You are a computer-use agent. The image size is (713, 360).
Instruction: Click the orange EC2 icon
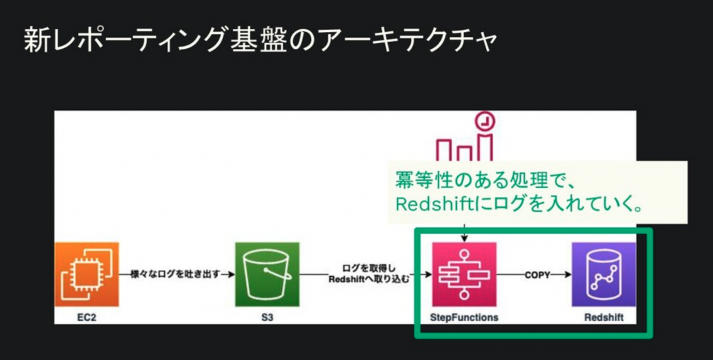[87, 274]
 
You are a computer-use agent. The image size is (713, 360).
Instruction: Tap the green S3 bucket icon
[267, 274]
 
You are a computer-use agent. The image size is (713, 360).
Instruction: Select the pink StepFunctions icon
[464, 274]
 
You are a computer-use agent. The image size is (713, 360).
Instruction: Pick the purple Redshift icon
[604, 274]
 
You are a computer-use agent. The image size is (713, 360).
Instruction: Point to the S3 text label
[267, 318]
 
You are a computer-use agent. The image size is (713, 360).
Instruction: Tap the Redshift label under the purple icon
[604, 318]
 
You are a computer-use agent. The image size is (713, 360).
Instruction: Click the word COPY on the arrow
[537, 274]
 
